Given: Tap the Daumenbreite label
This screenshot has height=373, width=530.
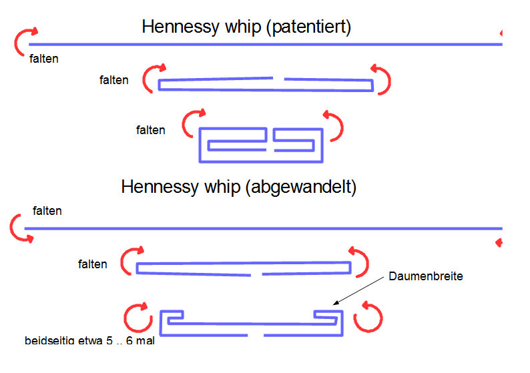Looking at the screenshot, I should click(x=426, y=275).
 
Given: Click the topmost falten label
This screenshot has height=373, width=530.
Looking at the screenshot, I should click(x=44, y=59).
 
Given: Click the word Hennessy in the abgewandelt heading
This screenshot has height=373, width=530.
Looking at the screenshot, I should click(x=160, y=187).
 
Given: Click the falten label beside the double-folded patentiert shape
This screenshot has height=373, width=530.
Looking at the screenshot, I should click(x=150, y=130).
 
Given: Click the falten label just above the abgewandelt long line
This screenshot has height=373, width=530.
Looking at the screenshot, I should click(x=47, y=211).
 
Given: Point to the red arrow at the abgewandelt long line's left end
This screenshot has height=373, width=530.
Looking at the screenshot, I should click(x=19, y=228).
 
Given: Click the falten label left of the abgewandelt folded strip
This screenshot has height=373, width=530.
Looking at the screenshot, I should click(x=92, y=264).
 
